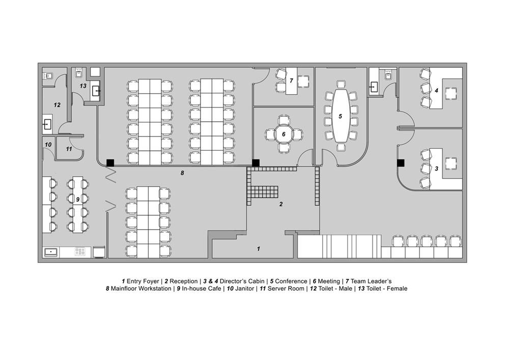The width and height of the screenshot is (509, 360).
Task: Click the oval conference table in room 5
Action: pyautogui.click(x=341, y=116)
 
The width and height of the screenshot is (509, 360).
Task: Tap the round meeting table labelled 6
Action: pyautogui.click(x=284, y=134)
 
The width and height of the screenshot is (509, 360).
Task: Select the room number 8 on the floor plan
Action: pyautogui.click(x=182, y=173)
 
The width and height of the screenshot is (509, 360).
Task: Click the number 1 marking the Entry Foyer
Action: pyautogui.click(x=259, y=249)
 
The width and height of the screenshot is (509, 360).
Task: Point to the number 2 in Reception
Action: pyautogui.click(x=280, y=204)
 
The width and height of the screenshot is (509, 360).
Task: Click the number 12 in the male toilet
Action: pyautogui.click(x=57, y=105)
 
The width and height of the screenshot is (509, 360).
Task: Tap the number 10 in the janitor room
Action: pyautogui.click(x=48, y=145)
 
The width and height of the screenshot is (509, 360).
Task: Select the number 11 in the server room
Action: pyautogui.click(x=69, y=149)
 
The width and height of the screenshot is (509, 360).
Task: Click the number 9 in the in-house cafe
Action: pyautogui.click(x=78, y=200)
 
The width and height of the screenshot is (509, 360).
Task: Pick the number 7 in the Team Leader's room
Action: pyautogui.click(x=292, y=80)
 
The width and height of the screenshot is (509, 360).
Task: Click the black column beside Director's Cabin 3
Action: pyautogui.click(x=401, y=163)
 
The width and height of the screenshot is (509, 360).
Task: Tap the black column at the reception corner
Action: pyautogui.click(x=256, y=163)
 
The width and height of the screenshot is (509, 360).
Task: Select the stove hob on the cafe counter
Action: pyautogui.click(x=80, y=252)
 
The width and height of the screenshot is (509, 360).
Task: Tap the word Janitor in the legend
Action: pyautogui.click(x=244, y=289)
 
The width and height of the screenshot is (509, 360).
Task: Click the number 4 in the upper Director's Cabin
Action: pyautogui.click(x=437, y=91)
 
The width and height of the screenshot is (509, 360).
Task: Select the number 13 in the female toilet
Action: pyautogui.click(x=83, y=86)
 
